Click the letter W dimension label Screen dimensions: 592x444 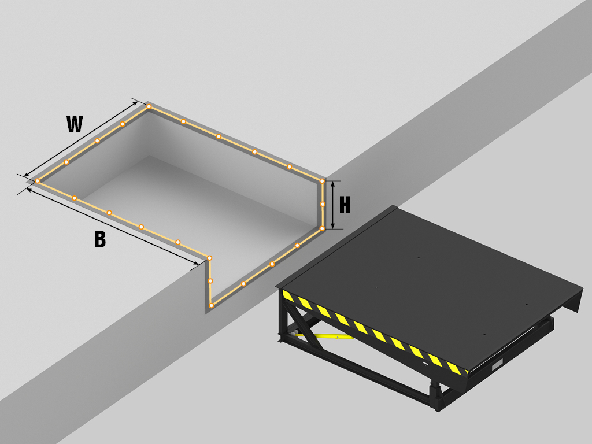(x=75, y=124)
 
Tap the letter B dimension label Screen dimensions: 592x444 (x=100, y=239)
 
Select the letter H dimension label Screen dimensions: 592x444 (x=345, y=205)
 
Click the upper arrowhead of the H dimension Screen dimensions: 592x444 (x=332, y=184)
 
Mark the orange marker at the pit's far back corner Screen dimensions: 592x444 (x=149, y=107)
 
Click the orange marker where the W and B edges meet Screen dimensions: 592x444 (x=38, y=181)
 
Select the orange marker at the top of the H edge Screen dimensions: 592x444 (x=322, y=181)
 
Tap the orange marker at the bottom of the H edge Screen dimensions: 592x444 (x=322, y=228)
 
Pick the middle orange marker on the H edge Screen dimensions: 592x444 (x=323, y=204)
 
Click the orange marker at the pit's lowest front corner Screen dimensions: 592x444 (x=212, y=305)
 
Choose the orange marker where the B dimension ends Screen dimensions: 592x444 (x=209, y=258)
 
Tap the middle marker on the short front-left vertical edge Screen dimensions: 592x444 (x=210, y=281)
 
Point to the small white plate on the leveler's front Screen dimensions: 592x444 (x=497, y=365)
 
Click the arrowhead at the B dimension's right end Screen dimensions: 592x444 (x=195, y=263)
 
